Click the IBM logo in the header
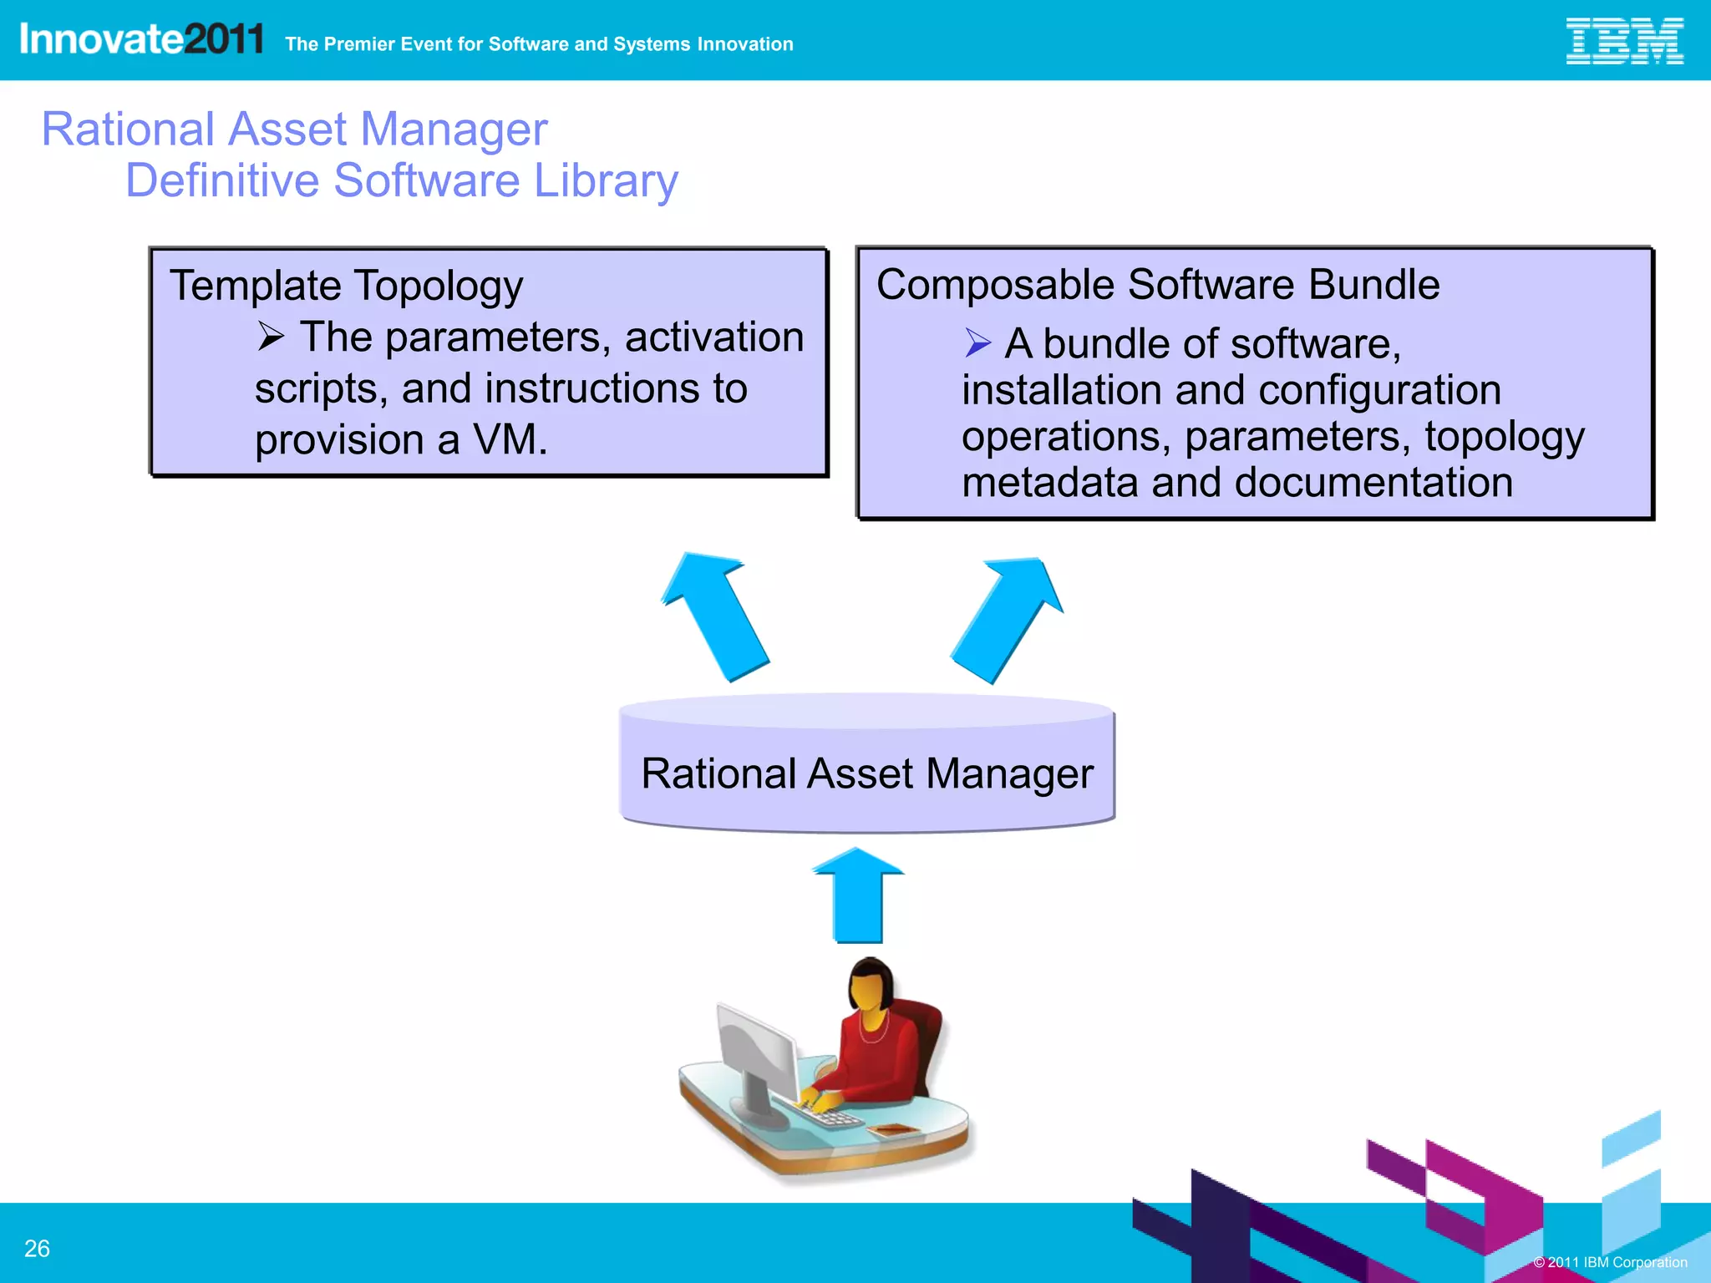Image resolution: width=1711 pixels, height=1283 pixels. click(1623, 41)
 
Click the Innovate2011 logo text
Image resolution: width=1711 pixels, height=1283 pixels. click(141, 39)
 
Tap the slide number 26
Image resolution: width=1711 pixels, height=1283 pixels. click(37, 1248)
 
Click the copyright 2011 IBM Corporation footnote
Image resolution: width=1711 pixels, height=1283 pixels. click(1610, 1262)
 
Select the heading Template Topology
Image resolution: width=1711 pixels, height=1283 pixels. click(346, 287)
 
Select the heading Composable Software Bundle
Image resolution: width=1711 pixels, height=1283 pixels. click(1158, 285)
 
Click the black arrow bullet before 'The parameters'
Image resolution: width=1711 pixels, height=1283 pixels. click(271, 337)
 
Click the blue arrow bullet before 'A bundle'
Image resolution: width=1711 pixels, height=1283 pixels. click(977, 342)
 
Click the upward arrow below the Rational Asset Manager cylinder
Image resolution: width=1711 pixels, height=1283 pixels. click(858, 896)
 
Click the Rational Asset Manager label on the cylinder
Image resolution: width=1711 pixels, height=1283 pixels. click(867, 773)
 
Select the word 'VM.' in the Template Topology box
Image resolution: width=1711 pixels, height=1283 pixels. click(510, 440)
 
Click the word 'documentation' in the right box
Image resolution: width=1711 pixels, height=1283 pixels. click(1373, 483)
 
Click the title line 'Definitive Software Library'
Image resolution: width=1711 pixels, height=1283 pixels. click(401, 181)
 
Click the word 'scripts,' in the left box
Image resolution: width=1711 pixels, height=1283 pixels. click(321, 389)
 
